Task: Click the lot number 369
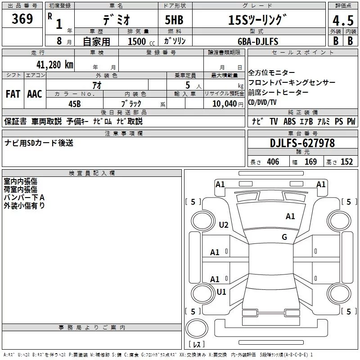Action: coord(22,19)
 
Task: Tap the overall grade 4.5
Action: coord(343,20)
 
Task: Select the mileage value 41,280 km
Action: coord(55,65)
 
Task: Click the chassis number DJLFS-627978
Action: coord(302,143)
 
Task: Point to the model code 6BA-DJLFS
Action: coord(258,41)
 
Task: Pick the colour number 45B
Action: coord(74,104)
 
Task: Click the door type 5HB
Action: coord(174,20)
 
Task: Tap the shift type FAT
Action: coord(13,94)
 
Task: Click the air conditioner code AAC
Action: coord(35,94)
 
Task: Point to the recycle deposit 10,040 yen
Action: coord(228,104)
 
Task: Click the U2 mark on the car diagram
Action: coord(223,225)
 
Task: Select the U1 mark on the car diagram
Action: coord(221,292)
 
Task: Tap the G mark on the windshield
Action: coord(284,237)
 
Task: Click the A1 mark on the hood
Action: coord(290,216)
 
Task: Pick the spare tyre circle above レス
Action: coord(197,328)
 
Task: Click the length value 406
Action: coord(273,162)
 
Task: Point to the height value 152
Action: coord(346,162)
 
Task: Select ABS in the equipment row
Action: coord(289,121)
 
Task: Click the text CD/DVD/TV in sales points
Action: coord(262,103)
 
